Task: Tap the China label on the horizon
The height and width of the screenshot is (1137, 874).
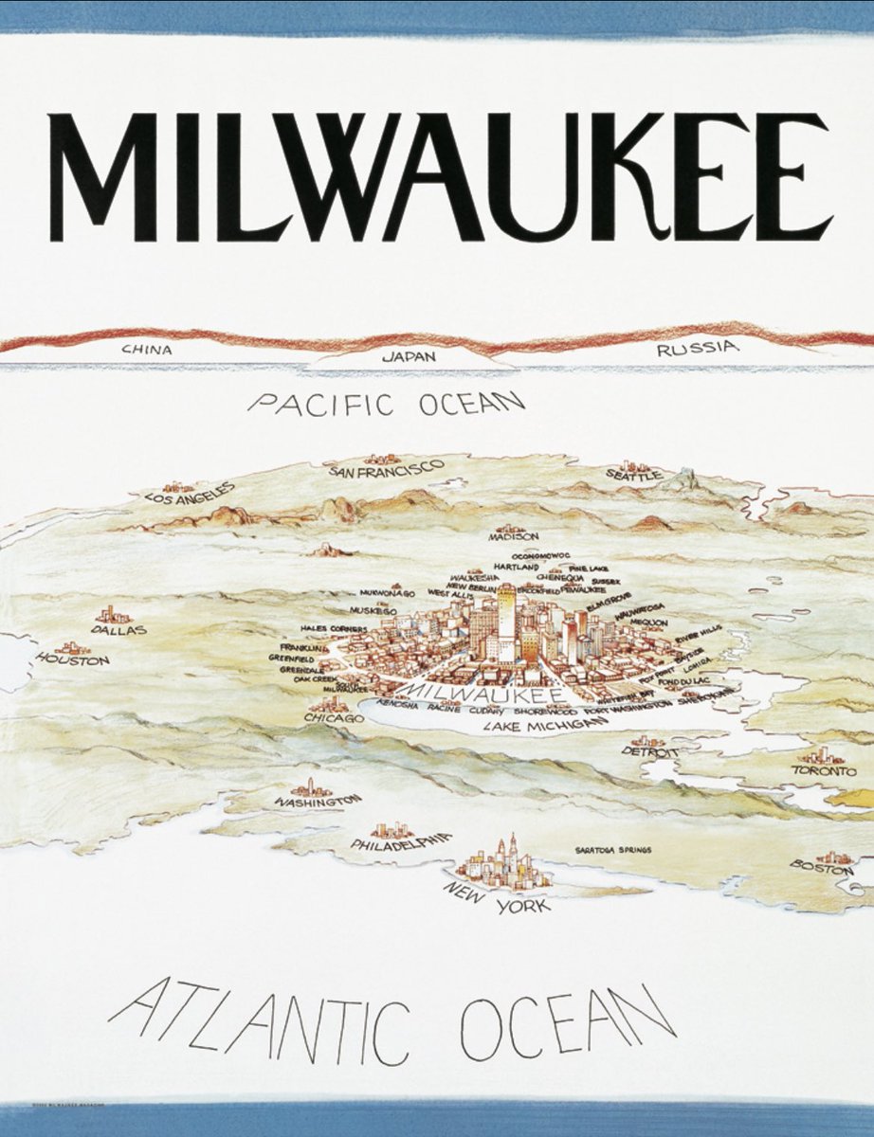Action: tap(147, 350)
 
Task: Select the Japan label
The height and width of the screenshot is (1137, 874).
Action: tap(409, 357)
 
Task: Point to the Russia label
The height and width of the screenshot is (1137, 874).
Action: tap(697, 350)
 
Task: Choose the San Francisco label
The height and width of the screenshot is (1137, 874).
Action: tap(386, 468)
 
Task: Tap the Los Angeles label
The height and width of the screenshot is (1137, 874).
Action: tap(190, 492)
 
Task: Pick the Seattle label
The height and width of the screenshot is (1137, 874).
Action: tap(634, 475)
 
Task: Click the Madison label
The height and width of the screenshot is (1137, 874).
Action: tap(513, 536)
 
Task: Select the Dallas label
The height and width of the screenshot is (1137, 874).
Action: tap(119, 629)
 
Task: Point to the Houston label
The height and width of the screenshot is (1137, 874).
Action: tap(73, 659)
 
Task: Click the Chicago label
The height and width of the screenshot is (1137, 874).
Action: tap(333, 719)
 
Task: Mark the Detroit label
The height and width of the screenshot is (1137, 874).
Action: tap(649, 752)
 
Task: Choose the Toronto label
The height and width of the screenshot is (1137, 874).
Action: tap(817, 771)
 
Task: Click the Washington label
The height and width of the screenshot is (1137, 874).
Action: tap(318, 802)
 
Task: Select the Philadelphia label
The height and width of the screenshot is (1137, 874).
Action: tap(400, 841)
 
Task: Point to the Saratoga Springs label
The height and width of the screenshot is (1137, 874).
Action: tap(612, 850)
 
